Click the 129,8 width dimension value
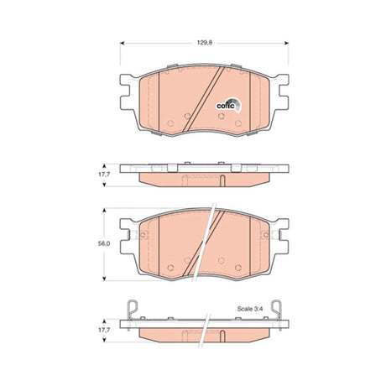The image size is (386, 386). (205, 43)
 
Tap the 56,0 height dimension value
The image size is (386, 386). (104, 243)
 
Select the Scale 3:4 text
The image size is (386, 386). (249, 309)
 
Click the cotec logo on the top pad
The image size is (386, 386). (229, 105)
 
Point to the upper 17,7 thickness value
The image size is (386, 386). (104, 174)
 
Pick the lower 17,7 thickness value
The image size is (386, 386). (104, 330)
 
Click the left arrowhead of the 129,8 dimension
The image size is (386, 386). (122, 43)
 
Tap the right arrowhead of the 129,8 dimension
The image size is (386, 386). (286, 43)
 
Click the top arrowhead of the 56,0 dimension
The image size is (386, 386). (104, 210)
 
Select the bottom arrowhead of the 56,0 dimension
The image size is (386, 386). (104, 279)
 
